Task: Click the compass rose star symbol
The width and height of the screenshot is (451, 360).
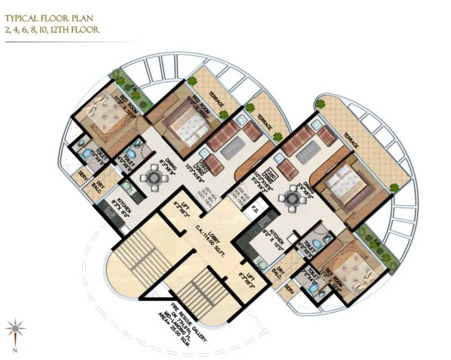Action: tap(16, 328)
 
